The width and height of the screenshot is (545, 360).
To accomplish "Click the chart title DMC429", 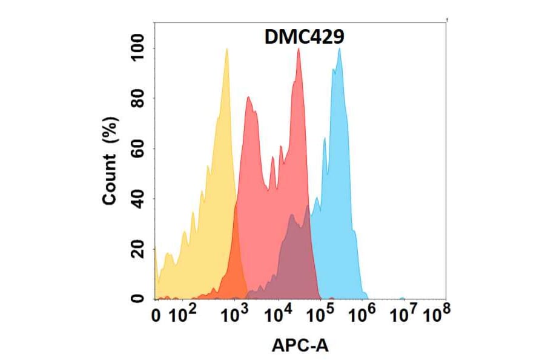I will click(x=305, y=38).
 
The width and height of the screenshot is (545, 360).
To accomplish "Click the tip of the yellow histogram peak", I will click(x=226, y=49).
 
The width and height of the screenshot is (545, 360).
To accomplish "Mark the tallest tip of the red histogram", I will click(x=299, y=49).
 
